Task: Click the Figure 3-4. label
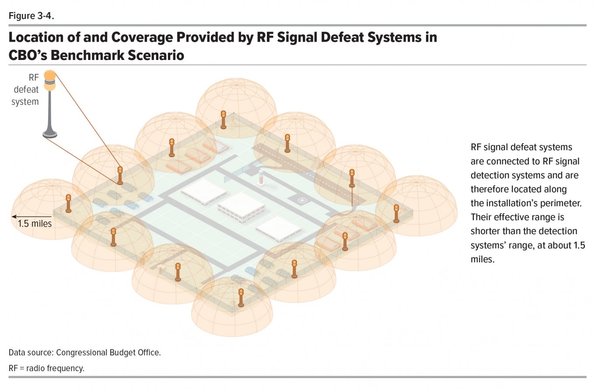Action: coord(31,16)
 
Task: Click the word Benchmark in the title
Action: coord(86,55)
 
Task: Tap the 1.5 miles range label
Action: coord(35,224)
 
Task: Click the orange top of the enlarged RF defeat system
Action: coord(50,75)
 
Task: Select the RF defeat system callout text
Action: coord(25,90)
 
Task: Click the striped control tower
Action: coord(261,177)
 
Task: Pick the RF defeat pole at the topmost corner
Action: coord(224,120)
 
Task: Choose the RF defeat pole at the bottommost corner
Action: coord(241,298)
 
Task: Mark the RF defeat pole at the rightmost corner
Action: coord(396,214)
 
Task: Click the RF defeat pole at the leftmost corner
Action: coord(69,204)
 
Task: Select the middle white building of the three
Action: coord(241,207)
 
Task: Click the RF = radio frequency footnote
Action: coord(46,368)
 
